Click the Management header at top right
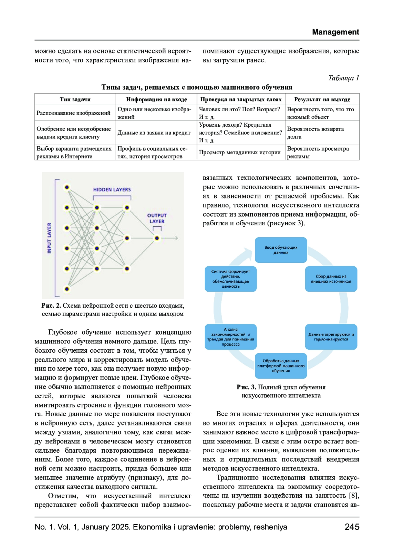click(x=335, y=32)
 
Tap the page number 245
click(x=352, y=527)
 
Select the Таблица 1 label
click(x=343, y=78)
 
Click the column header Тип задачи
click(x=75, y=99)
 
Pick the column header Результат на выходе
click(x=322, y=99)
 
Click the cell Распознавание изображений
click(x=73, y=113)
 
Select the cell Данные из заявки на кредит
click(x=154, y=133)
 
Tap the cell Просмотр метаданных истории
click(x=240, y=152)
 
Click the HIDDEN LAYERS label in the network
click(x=112, y=190)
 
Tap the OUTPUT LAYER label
click(x=157, y=218)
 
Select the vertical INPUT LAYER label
click(x=49, y=238)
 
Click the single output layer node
click(x=157, y=238)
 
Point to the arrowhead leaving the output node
click(x=176, y=238)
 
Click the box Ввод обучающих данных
click(x=281, y=250)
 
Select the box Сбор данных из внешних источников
click(x=331, y=279)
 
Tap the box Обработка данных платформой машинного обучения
click(x=281, y=365)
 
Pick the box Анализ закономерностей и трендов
click(x=230, y=337)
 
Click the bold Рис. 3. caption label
click(x=246, y=387)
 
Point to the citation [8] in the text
click(x=354, y=495)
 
